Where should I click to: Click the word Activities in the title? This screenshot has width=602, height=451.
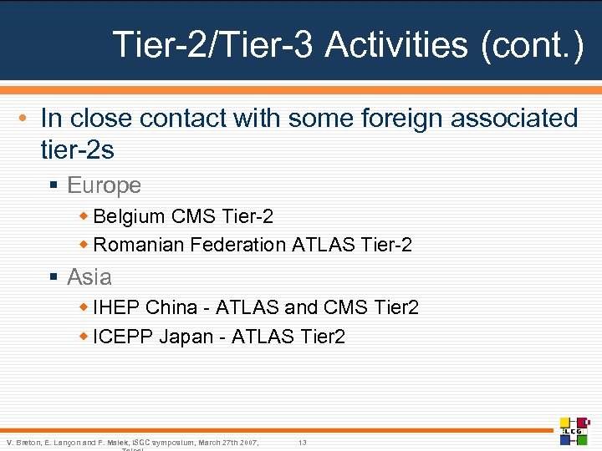pyautogui.click(x=396, y=44)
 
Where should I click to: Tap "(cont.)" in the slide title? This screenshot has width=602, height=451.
pyautogui.click(x=533, y=44)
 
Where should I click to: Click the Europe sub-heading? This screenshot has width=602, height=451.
pyautogui.click(x=104, y=185)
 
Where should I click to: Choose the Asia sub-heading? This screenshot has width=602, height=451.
pyautogui.click(x=89, y=276)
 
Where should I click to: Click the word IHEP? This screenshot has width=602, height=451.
pyautogui.click(x=117, y=307)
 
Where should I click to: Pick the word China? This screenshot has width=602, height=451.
pyautogui.click(x=171, y=307)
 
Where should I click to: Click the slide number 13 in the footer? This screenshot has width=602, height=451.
pyautogui.click(x=303, y=442)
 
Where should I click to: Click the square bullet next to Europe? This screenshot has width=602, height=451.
pyautogui.click(x=54, y=185)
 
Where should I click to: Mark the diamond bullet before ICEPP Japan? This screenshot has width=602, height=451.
pyautogui.click(x=84, y=337)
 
